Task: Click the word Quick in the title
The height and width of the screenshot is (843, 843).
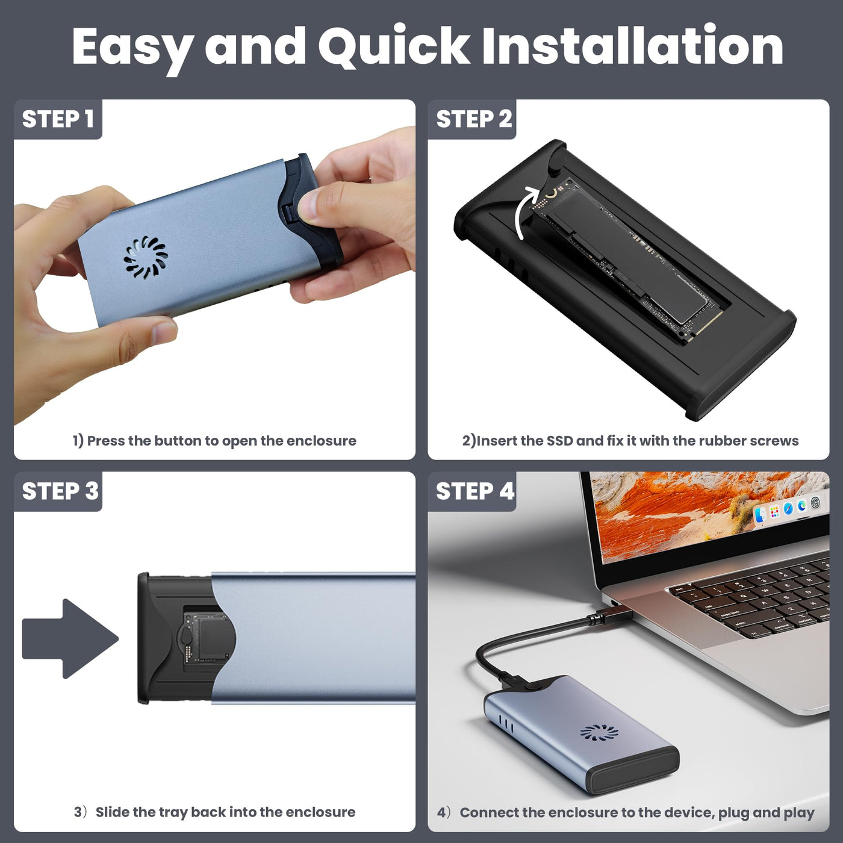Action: (x=394, y=46)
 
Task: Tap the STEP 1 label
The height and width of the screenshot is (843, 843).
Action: (x=58, y=119)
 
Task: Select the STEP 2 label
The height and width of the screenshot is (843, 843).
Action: (x=474, y=119)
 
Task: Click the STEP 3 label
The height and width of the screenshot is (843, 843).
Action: (x=60, y=491)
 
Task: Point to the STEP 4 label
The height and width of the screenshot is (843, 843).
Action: (x=475, y=491)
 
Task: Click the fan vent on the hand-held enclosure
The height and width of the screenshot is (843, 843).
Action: (x=146, y=258)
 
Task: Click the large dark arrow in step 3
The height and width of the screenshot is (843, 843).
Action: (x=70, y=638)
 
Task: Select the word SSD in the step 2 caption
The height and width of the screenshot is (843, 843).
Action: (x=559, y=441)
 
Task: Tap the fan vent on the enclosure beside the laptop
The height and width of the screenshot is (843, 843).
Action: (x=599, y=732)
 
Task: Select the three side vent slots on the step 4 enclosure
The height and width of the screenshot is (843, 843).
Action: (x=506, y=724)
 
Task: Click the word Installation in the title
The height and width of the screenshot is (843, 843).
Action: (x=632, y=46)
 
